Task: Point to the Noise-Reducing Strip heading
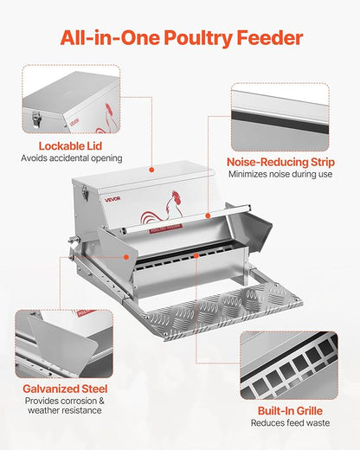(x=280, y=161)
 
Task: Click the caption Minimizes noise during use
(x=280, y=174)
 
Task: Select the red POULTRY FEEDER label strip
(x=167, y=231)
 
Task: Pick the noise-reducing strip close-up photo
(x=280, y=117)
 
